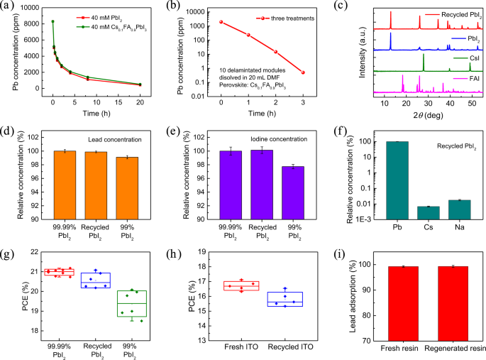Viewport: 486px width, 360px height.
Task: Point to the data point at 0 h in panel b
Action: coord(221,22)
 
